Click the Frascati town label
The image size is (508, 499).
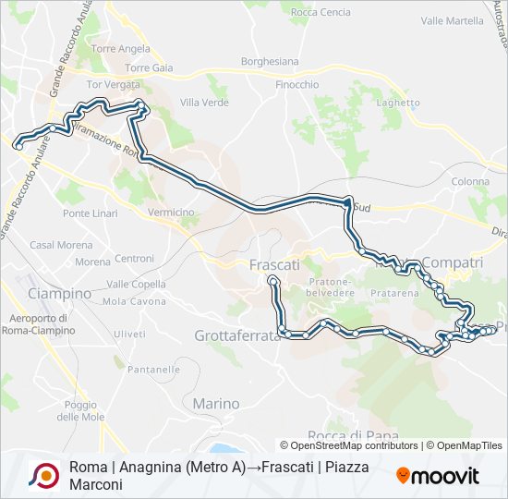[275, 264]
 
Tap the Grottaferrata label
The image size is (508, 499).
[237, 336]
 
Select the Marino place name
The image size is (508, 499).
[216, 404]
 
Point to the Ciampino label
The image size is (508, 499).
[60, 294]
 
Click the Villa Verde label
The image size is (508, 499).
[204, 103]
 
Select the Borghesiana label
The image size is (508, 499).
[270, 62]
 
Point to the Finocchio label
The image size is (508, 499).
[297, 85]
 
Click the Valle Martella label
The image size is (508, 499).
[452, 20]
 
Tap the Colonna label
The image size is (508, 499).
[471, 182]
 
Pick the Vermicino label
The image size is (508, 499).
[171, 213]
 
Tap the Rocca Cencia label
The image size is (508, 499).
[321, 12]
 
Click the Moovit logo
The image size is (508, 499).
[438, 476]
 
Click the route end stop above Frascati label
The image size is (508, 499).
[272, 279]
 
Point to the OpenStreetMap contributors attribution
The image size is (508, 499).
[355, 445]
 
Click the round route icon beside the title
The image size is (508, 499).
[44, 476]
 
